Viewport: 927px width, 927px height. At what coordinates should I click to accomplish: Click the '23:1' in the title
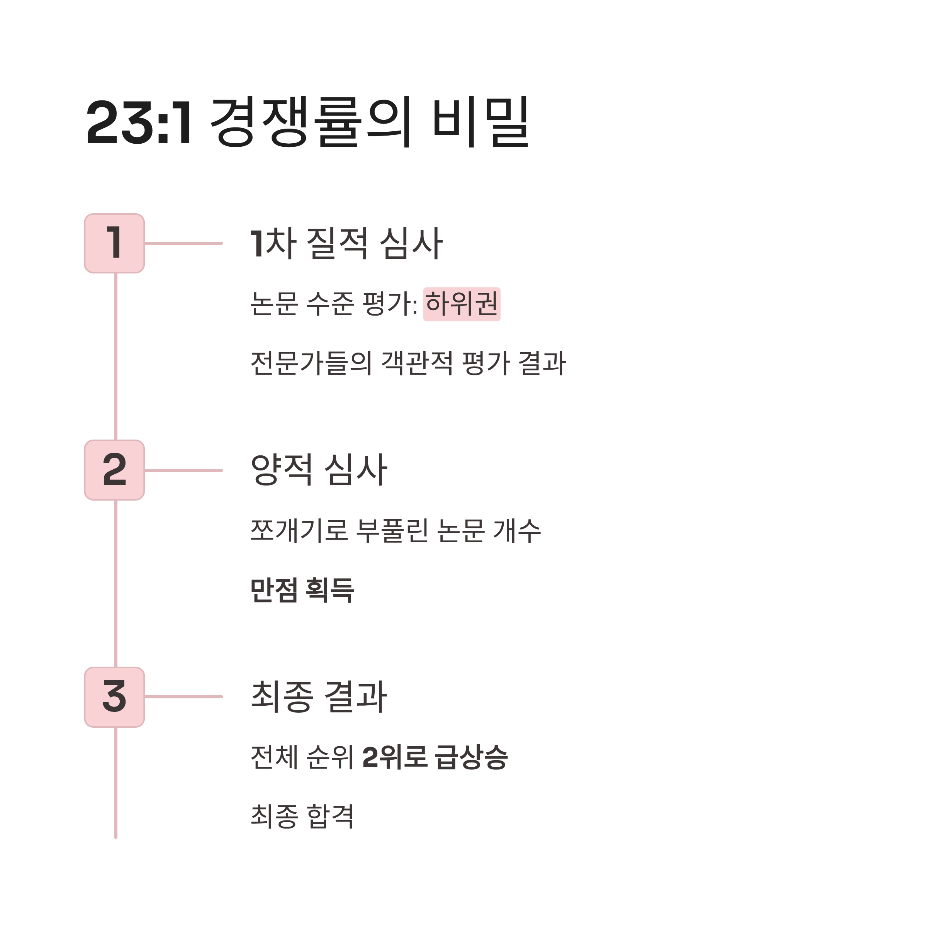tap(139, 122)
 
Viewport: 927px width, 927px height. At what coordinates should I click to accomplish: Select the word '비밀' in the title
tap(480, 122)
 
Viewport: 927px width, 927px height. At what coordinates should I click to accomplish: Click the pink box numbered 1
tap(115, 243)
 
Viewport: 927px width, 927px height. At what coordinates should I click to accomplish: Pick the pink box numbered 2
tap(115, 470)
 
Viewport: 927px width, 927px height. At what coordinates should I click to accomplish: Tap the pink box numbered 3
tap(115, 697)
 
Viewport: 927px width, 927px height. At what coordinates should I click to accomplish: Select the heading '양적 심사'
tap(319, 470)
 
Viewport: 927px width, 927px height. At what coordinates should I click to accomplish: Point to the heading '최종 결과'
tap(319, 697)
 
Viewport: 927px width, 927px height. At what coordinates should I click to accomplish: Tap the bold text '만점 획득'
tap(302, 590)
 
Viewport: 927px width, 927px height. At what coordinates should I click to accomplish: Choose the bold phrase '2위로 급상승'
tap(435, 757)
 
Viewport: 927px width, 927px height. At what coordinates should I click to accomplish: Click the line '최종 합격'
tap(302, 816)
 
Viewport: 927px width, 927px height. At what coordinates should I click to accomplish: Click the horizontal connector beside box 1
tap(183, 243)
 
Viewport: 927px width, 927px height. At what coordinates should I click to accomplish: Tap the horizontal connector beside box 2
tap(183, 470)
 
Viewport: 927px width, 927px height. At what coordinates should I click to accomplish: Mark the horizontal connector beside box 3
tap(183, 697)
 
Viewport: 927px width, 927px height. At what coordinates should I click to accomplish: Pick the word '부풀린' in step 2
tap(392, 531)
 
